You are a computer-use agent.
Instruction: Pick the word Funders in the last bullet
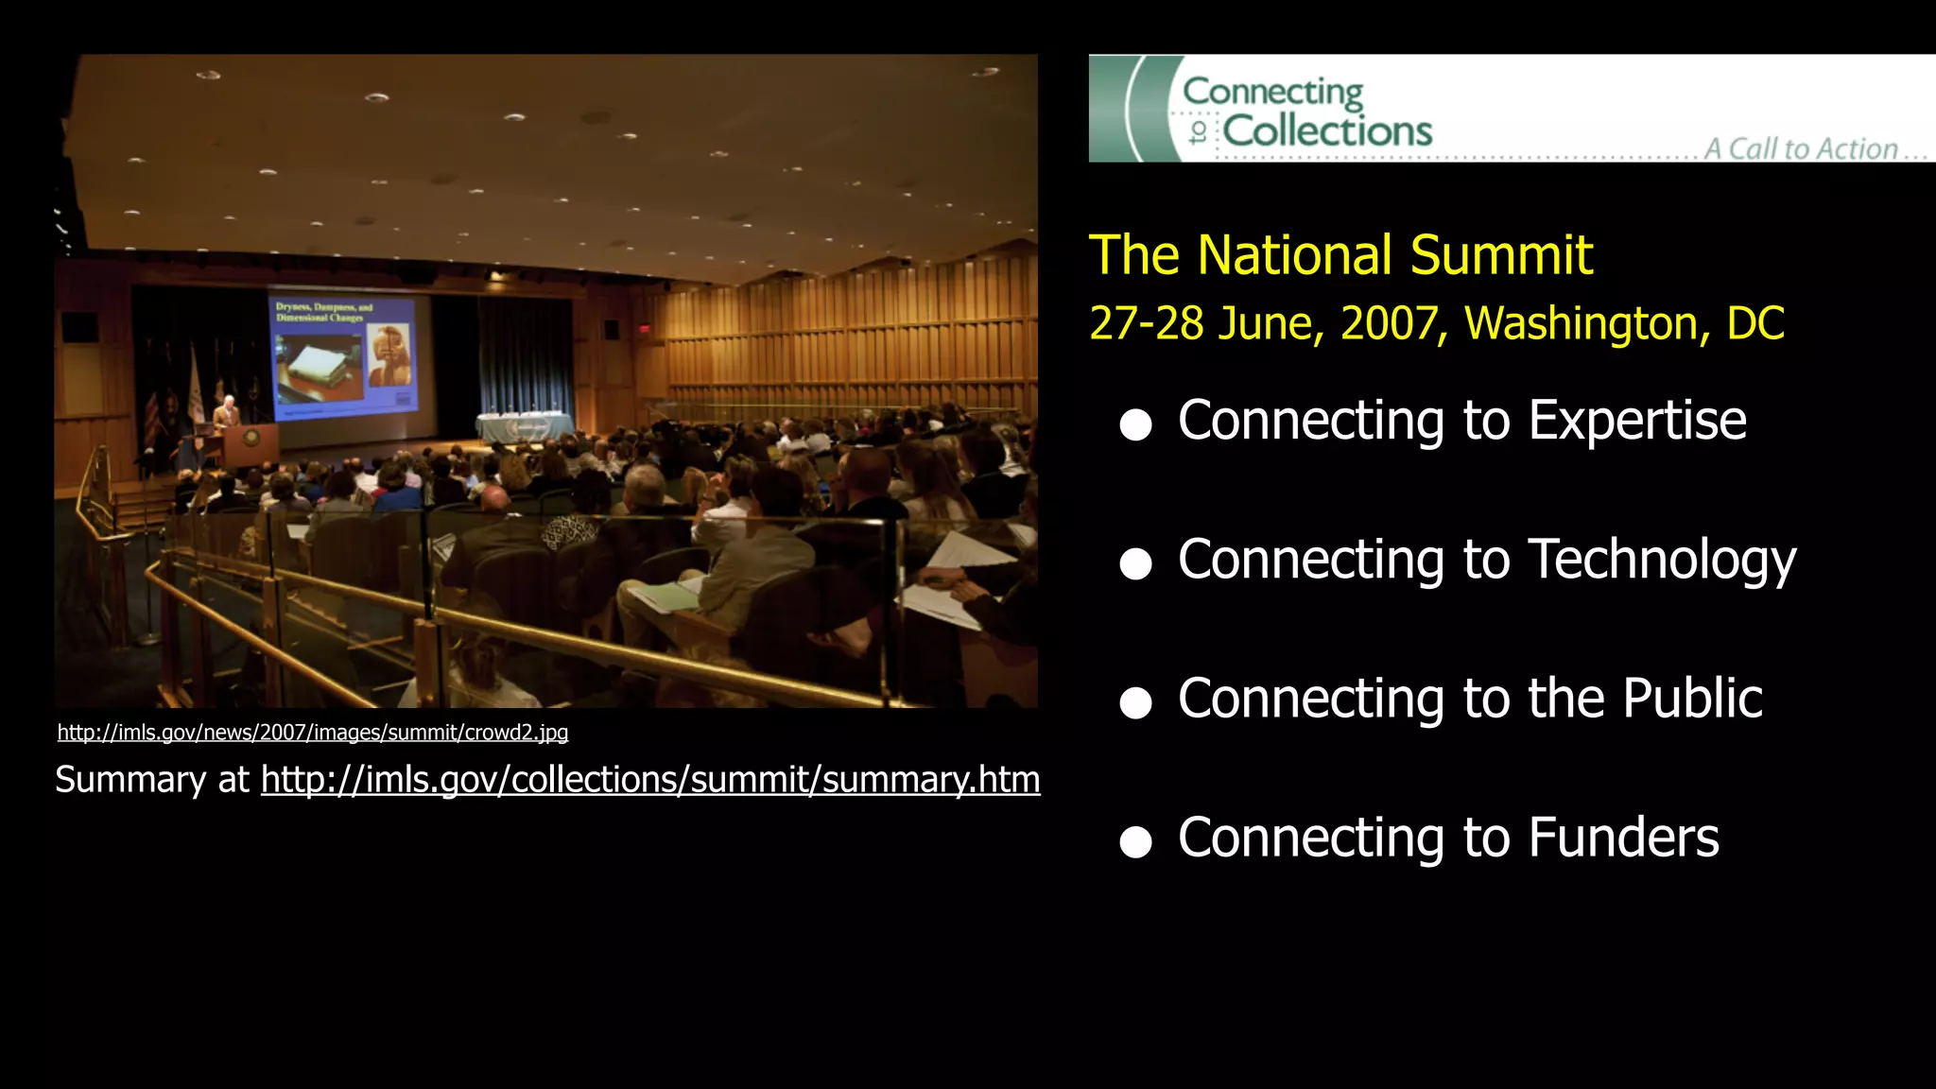click(1623, 838)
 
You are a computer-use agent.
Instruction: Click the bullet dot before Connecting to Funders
click(1135, 841)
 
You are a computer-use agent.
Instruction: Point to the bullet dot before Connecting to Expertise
click(1135, 424)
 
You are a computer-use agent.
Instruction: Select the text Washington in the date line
click(1587, 323)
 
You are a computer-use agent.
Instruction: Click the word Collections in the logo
click(1327, 130)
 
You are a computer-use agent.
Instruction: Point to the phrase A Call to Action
click(1813, 148)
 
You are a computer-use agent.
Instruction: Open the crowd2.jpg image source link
click(312, 733)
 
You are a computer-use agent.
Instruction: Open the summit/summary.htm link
click(650, 780)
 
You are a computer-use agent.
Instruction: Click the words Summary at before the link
click(151, 780)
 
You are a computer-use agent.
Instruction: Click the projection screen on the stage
click(344, 354)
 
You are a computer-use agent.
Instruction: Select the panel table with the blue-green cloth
click(524, 427)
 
